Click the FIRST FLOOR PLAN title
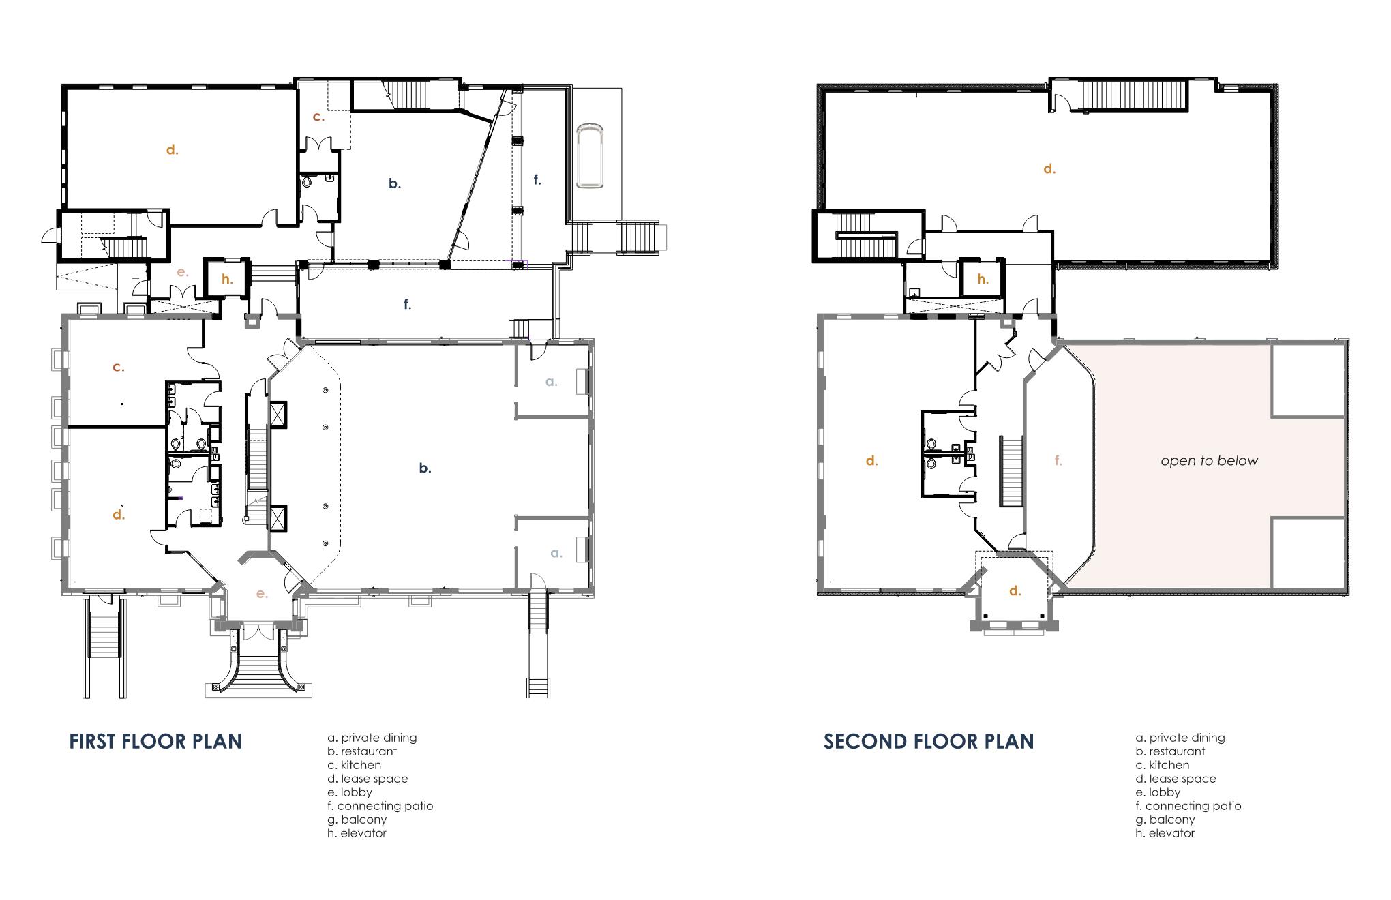155,741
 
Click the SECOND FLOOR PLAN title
929,741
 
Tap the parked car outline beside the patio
590,155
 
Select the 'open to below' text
1210,461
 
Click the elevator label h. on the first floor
227,278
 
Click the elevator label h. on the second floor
983,278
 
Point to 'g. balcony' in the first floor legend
357,820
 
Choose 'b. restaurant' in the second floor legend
1171,751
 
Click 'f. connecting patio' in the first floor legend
380,806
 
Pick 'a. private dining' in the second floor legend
1180,738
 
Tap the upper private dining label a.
552,382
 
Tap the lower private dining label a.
556,553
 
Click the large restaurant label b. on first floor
425,468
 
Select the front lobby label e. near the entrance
262,594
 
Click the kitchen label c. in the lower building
119,367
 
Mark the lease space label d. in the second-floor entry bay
1015,590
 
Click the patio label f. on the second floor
1058,460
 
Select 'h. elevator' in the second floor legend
1165,833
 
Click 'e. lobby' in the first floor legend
350,792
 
